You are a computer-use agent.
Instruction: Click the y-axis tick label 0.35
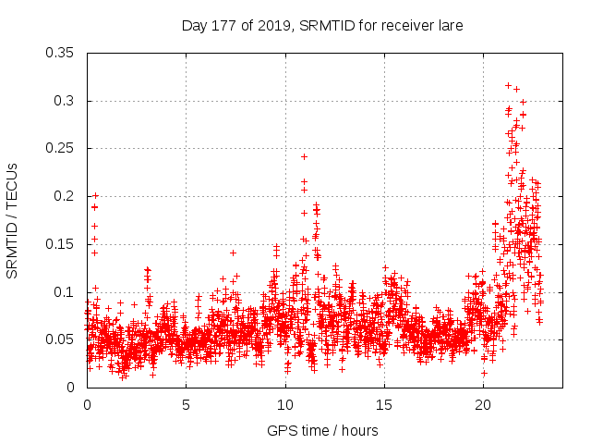pos(62,53)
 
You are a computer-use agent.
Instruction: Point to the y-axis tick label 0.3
pos(66,101)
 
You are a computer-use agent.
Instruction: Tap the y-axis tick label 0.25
pos(62,148)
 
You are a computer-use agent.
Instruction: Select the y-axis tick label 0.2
pos(66,196)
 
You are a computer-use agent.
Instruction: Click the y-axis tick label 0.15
pos(62,244)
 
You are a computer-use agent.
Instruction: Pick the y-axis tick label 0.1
pos(66,292)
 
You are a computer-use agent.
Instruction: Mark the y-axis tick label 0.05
pos(62,339)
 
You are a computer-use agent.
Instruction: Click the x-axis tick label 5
pos(186,405)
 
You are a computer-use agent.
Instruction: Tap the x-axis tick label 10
pos(285,405)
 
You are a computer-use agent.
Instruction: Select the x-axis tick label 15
pos(384,405)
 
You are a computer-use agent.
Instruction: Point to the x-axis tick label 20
pos(483,405)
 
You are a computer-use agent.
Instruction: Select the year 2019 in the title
pos(273,25)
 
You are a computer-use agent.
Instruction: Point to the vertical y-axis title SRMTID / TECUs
pos(13,220)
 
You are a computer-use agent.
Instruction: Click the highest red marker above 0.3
pos(508,85)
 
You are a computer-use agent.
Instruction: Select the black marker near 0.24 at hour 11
pos(304,156)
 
